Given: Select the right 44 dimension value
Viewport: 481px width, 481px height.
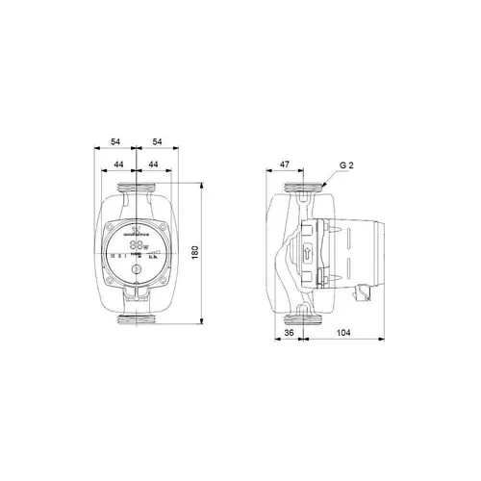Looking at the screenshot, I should tap(156, 165).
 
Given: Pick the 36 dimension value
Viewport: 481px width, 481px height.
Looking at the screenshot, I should tap(287, 336).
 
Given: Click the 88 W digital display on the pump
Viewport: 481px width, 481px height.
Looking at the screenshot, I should tap(141, 246).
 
